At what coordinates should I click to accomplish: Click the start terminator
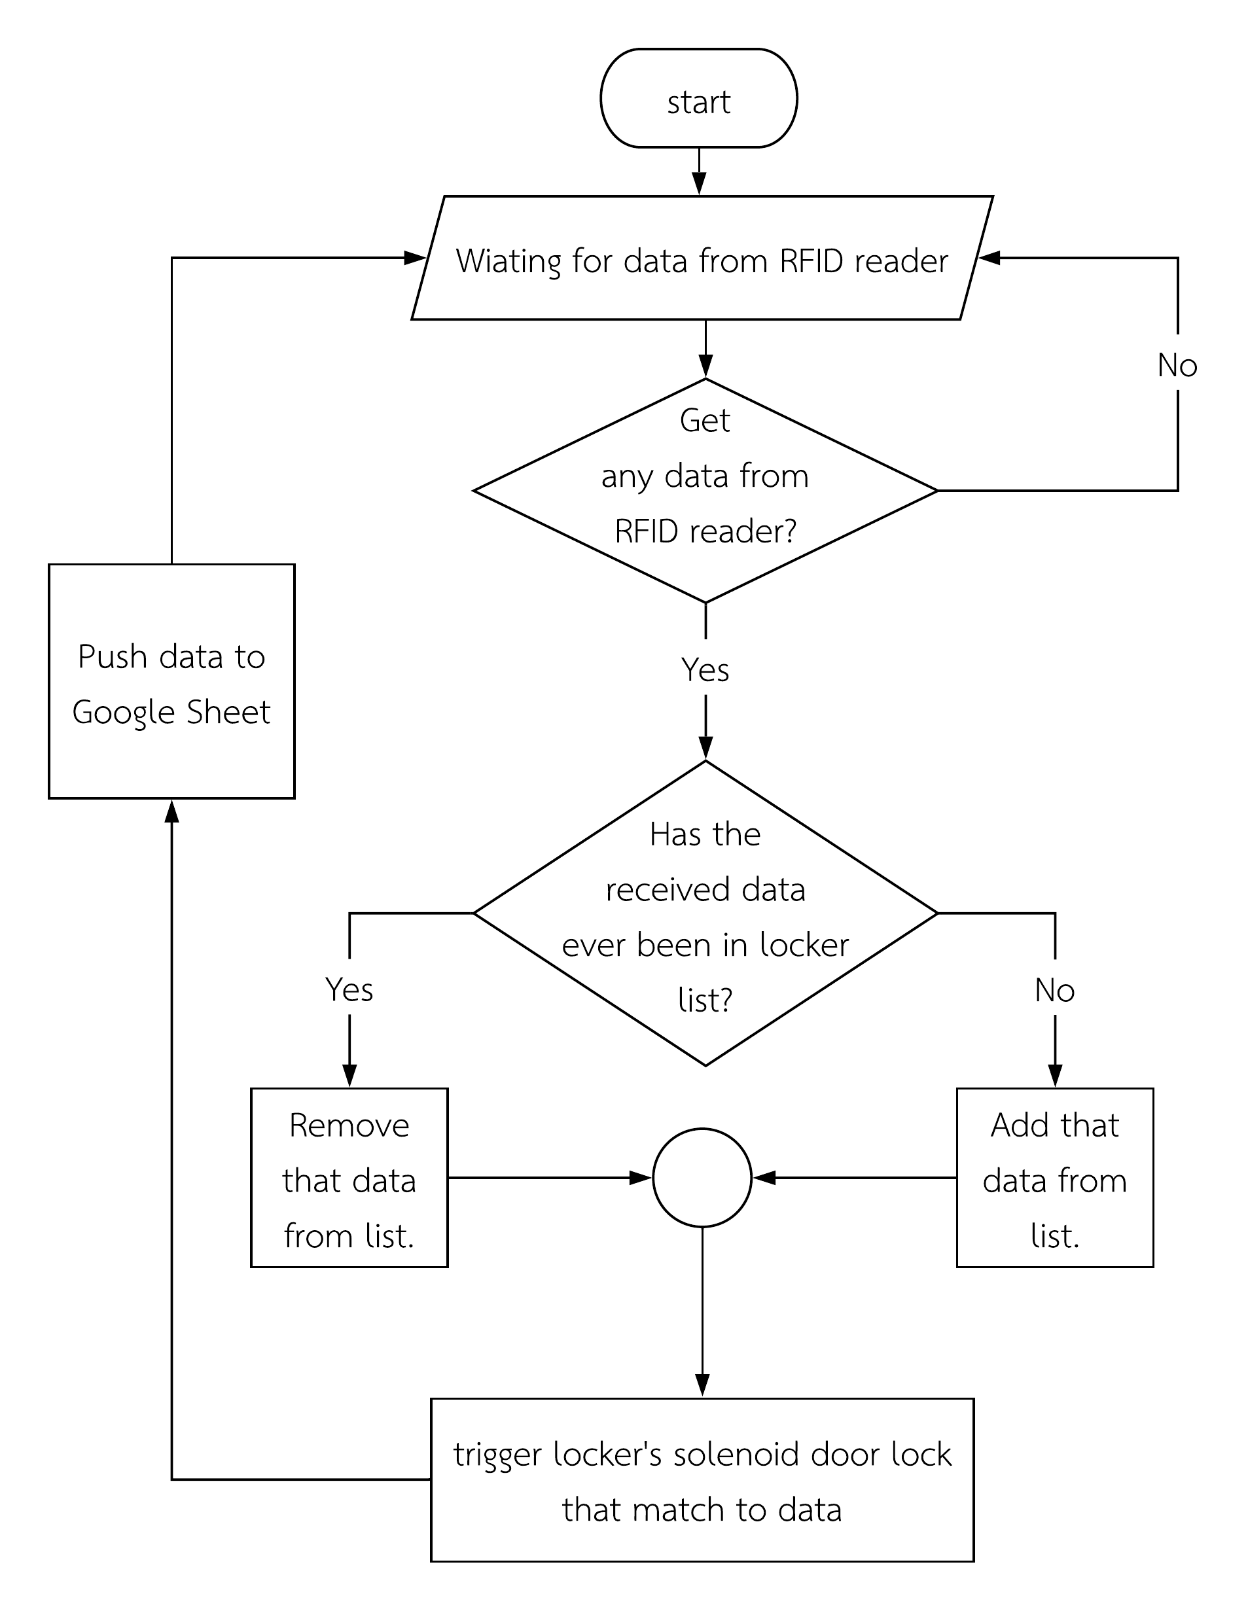pyautogui.click(x=698, y=99)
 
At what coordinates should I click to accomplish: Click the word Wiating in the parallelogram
pyautogui.click(x=508, y=262)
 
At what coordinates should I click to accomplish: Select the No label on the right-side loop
pyautogui.click(x=1177, y=365)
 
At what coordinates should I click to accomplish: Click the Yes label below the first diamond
pyautogui.click(x=705, y=670)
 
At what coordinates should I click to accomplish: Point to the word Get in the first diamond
pyautogui.click(x=704, y=421)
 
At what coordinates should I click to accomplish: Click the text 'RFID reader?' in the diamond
pyautogui.click(x=705, y=531)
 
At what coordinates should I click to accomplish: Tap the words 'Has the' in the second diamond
pyautogui.click(x=704, y=834)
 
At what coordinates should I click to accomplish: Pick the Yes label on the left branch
pyautogui.click(x=349, y=989)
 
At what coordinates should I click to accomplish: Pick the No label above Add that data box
pyautogui.click(x=1054, y=990)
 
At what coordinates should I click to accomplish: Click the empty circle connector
pyautogui.click(x=702, y=1178)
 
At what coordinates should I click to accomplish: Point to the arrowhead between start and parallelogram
pyautogui.click(x=698, y=184)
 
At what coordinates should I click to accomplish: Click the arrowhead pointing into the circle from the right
pyautogui.click(x=764, y=1178)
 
